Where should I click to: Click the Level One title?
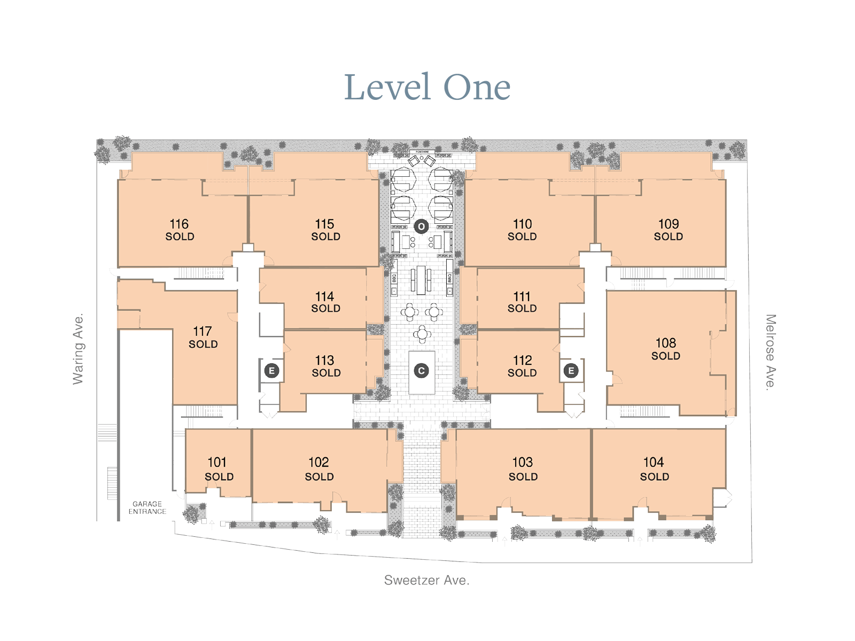[428, 87]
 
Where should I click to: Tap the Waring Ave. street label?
[79, 349]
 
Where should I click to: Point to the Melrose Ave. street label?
[770, 352]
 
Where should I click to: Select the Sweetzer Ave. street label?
[426, 580]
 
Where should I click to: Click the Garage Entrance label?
[147, 507]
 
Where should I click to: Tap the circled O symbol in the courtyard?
[421, 226]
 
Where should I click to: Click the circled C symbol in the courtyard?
[421, 371]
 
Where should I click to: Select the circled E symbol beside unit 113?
[271, 371]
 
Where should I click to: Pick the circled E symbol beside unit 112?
[571, 371]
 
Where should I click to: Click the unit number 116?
[179, 224]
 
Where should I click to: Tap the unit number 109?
[669, 224]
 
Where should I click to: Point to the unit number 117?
[203, 331]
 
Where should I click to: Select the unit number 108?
[666, 343]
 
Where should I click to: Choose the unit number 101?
[217, 462]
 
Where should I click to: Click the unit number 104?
[654, 462]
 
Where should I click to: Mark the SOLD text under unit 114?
[325, 309]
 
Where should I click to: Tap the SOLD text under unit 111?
[522, 309]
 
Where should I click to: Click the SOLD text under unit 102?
[319, 476]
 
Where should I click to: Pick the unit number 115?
[324, 224]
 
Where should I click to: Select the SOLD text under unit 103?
[523, 476]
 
